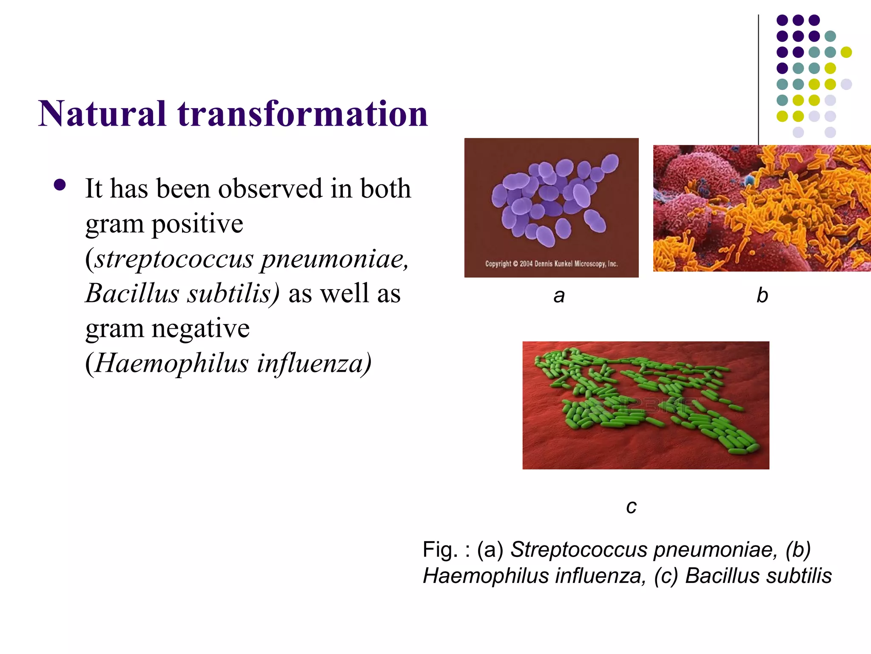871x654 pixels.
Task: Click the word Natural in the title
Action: pos(102,114)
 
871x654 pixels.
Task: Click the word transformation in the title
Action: pos(303,114)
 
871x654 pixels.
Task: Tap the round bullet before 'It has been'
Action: pos(60,185)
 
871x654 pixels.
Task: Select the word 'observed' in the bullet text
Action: pos(270,189)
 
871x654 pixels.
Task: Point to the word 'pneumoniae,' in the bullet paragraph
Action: pos(334,258)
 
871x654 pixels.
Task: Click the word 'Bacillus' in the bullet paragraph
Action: pos(132,293)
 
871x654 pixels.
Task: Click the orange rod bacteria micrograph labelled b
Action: pos(761,209)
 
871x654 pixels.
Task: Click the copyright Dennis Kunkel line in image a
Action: pos(551,264)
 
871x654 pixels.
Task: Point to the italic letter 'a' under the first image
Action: pos(559,295)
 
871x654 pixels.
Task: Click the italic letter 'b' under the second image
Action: pos(762,295)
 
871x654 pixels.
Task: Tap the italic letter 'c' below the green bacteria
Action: pos(631,506)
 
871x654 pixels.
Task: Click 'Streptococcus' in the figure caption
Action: pos(579,549)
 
